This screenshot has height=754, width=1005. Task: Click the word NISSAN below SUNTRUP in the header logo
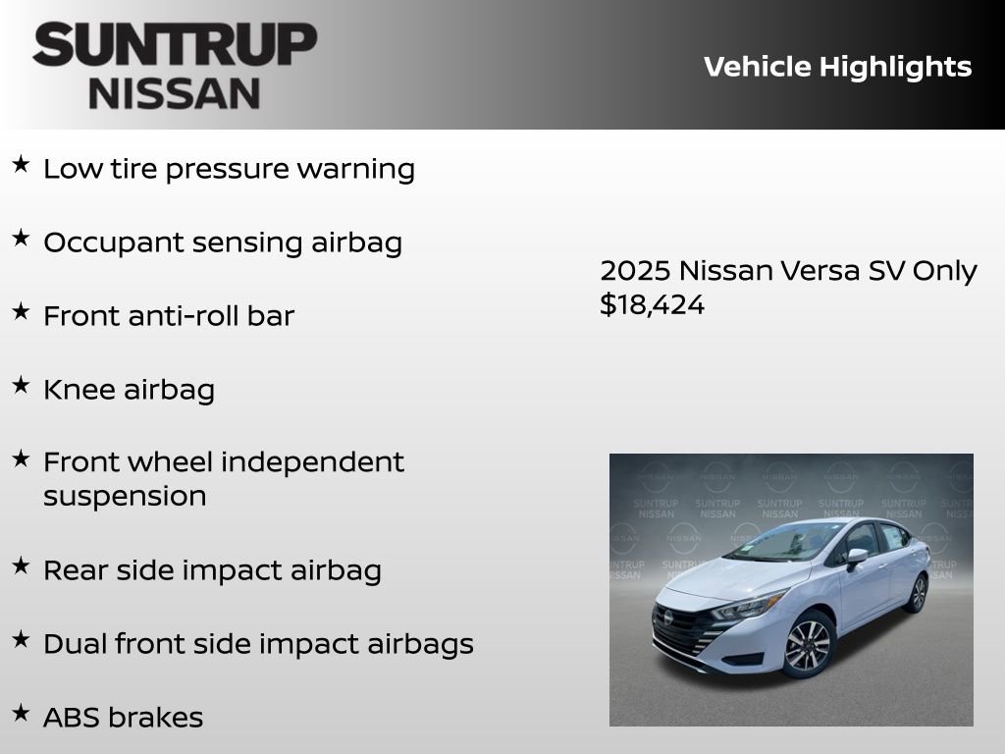click(x=175, y=93)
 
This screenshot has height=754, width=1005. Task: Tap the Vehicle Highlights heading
click(x=837, y=67)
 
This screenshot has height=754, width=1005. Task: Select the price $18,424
click(x=652, y=305)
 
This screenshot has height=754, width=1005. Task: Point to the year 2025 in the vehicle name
click(x=635, y=271)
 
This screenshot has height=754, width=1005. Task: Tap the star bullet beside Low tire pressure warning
click(x=21, y=165)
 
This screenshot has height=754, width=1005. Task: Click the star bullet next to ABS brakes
click(x=21, y=713)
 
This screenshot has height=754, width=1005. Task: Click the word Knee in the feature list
click(x=79, y=390)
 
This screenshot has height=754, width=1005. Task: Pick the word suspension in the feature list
click(x=125, y=497)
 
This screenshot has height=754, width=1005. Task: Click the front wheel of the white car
click(x=807, y=645)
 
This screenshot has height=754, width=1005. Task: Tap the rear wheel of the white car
click(x=918, y=594)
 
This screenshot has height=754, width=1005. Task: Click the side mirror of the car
click(x=856, y=557)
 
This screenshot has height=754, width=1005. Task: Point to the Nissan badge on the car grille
click(x=668, y=618)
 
